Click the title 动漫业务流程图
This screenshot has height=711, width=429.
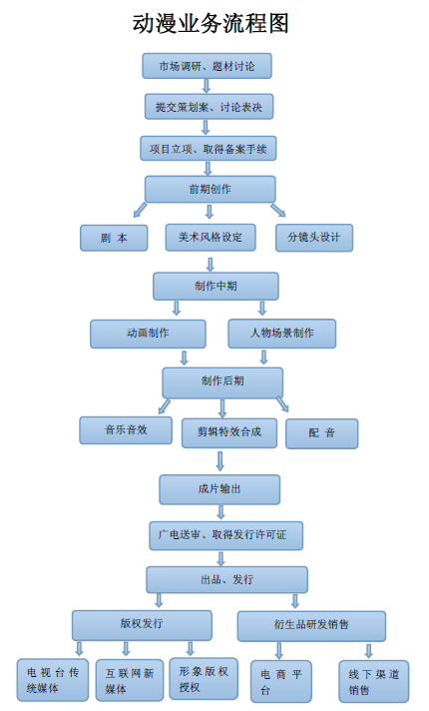tap(211, 23)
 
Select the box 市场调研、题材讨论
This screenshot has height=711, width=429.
tap(208, 66)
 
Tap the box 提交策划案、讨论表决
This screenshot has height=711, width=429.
tap(209, 107)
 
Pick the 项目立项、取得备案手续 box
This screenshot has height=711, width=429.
tap(208, 148)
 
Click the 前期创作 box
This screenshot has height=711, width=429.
tap(211, 189)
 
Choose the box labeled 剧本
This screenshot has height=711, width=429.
tap(114, 238)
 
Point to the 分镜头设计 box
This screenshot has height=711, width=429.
tap(314, 238)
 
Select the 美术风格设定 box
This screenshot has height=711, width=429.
tap(211, 237)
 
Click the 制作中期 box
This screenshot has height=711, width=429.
tap(215, 287)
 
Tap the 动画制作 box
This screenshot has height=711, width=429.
tap(148, 334)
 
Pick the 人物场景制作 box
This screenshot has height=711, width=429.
tap(281, 334)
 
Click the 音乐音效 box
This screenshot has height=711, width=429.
tap(126, 430)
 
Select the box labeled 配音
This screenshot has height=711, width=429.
tap(321, 433)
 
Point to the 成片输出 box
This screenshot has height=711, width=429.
tap(219, 489)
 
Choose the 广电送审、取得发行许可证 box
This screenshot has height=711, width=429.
tap(226, 535)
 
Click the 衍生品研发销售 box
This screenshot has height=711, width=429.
tap(311, 626)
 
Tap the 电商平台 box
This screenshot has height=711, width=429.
tap(281, 681)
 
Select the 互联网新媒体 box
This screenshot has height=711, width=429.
tap(130, 680)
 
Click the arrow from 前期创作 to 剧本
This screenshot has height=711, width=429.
tap(141, 210)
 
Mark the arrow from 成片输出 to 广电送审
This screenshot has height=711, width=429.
tap(220, 512)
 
